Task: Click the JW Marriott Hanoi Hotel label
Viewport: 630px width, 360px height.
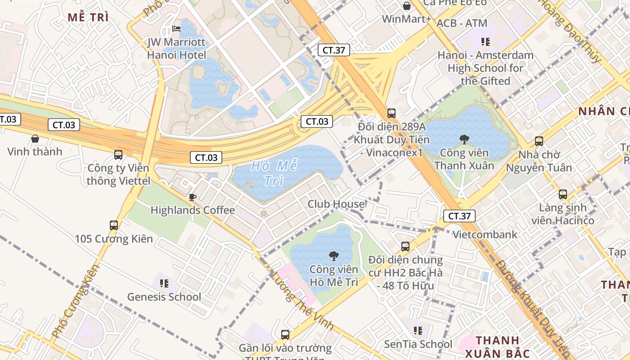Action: pyautogui.click(x=176, y=49)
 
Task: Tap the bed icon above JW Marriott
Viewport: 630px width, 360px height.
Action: pyautogui.click(x=176, y=29)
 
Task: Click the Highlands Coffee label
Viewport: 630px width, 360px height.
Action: pyautogui.click(x=193, y=210)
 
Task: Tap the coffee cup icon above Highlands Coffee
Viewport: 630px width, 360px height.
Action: pyautogui.click(x=192, y=197)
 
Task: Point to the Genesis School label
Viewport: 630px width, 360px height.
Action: pyautogui.click(x=164, y=297)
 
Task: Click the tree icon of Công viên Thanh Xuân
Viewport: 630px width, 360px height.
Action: pyautogui.click(x=464, y=139)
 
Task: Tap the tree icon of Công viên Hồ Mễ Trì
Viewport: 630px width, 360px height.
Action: pyautogui.click(x=333, y=256)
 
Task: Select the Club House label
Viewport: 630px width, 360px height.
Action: pyautogui.click(x=336, y=204)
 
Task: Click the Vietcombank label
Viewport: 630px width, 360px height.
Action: pyautogui.click(x=485, y=234)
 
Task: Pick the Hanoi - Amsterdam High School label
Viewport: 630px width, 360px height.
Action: pyautogui.click(x=486, y=68)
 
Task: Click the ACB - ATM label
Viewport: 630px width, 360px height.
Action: pyautogui.click(x=462, y=23)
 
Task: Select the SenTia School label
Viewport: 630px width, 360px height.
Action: pyautogui.click(x=418, y=344)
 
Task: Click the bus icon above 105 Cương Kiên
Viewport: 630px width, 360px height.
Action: pyautogui.click(x=114, y=225)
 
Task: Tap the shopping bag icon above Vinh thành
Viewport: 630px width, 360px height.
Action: pyautogui.click(x=35, y=139)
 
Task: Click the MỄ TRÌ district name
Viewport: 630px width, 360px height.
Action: pyautogui.click(x=88, y=17)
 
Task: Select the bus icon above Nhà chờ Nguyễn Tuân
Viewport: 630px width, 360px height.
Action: pyautogui.click(x=539, y=141)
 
